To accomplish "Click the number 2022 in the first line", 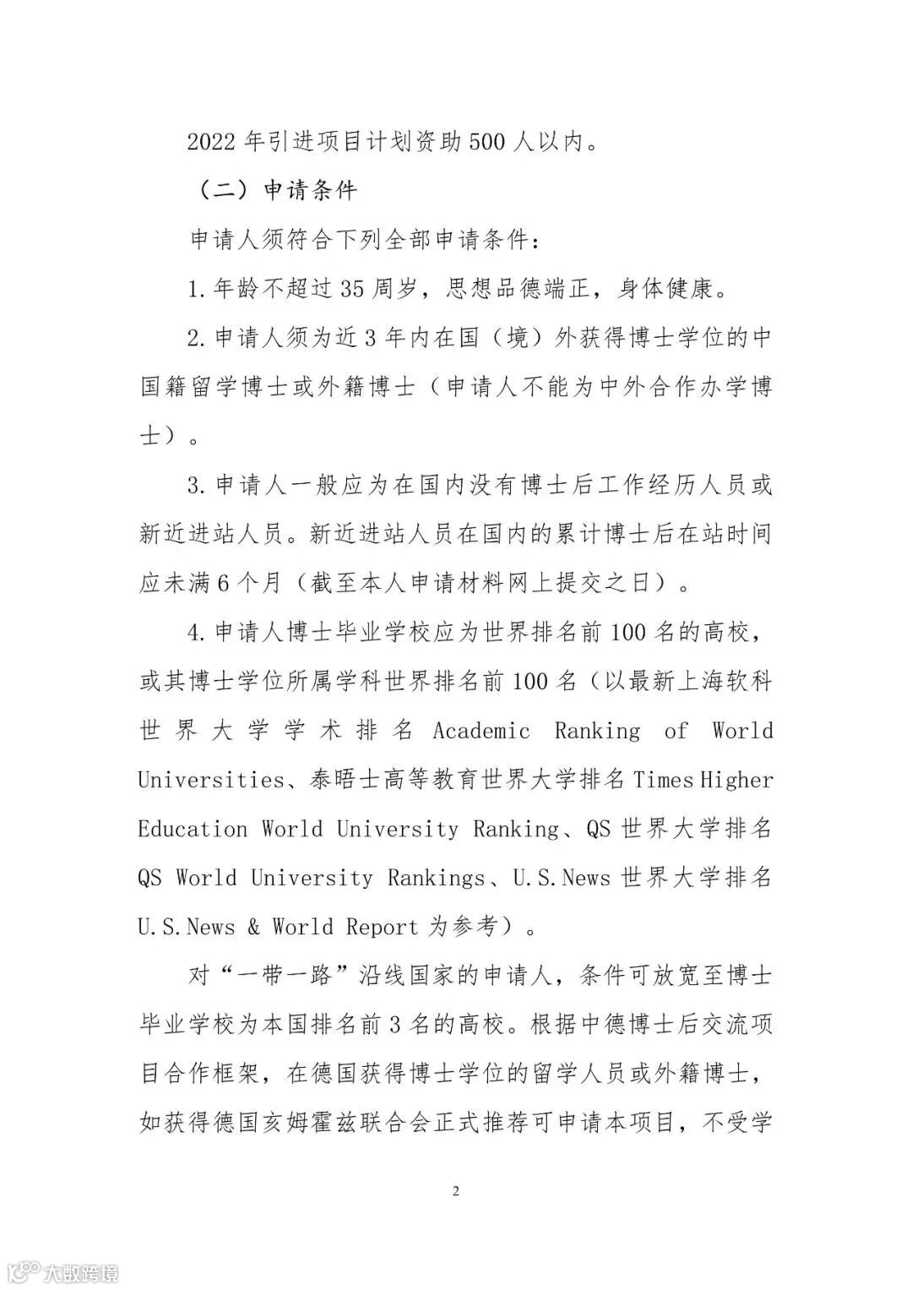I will point(209,142).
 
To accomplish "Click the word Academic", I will point(481,731).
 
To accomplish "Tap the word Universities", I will point(210,779).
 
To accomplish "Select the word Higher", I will point(737,779).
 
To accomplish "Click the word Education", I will point(193,828).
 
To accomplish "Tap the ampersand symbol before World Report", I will point(253,926).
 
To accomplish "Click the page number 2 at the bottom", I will point(456,1191).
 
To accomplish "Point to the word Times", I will point(664,779).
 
